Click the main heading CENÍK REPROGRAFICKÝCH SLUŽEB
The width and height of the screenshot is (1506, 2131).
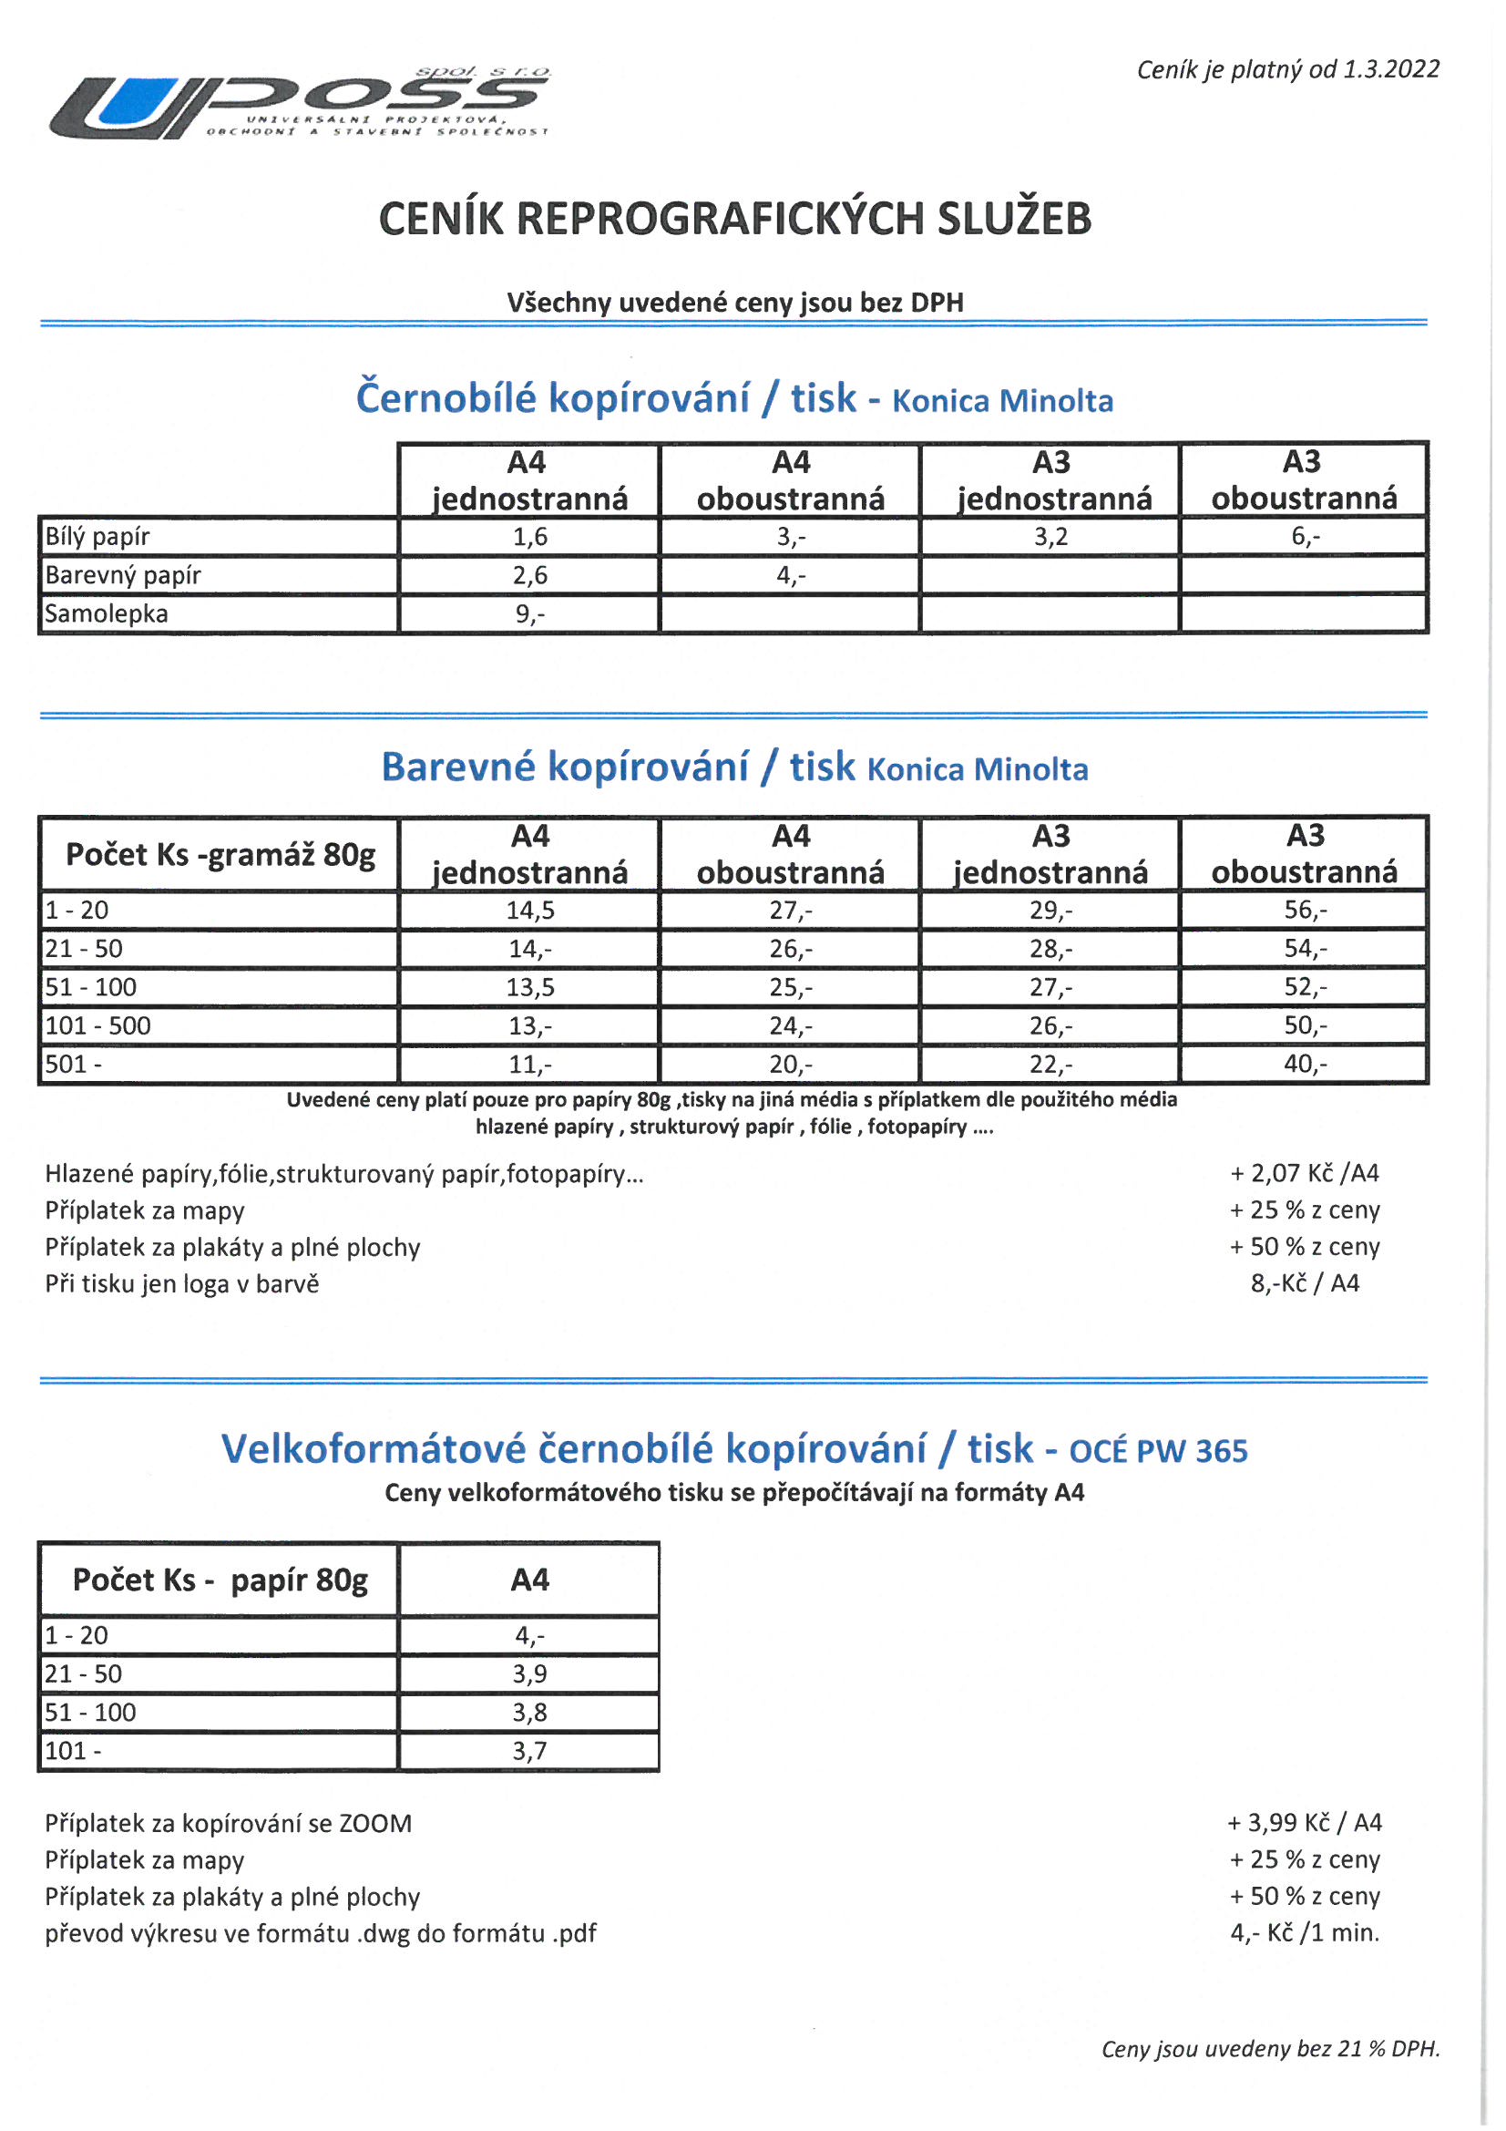click(x=735, y=219)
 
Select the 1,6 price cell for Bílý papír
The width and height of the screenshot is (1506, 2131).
click(x=530, y=537)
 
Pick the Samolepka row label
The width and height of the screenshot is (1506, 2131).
click(x=107, y=613)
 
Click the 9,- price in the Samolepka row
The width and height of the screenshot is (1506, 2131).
click(x=530, y=613)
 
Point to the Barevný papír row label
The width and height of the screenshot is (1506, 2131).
click(x=123, y=575)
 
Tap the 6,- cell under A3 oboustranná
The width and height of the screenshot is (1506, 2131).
click(x=1306, y=537)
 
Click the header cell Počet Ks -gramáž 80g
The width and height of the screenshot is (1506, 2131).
click(x=220, y=854)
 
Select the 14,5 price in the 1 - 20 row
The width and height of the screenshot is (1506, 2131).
click(x=530, y=911)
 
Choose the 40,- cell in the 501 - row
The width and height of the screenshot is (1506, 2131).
click(x=1306, y=1064)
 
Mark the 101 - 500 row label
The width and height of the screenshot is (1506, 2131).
click(x=97, y=1025)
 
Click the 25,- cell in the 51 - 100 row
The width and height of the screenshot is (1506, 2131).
click(x=791, y=987)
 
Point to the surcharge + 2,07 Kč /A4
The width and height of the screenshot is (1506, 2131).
click(x=1305, y=1173)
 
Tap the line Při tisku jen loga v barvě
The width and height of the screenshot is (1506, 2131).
click(x=182, y=1283)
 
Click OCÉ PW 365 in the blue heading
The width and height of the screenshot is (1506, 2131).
click(x=1158, y=1451)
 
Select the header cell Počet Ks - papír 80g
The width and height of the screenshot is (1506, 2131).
click(x=220, y=1580)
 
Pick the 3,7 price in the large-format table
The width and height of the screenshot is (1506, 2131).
click(x=530, y=1752)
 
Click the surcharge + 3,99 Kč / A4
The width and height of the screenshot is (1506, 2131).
click(x=1305, y=1823)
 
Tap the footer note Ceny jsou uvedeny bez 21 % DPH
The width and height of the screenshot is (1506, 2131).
click(x=1270, y=2048)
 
